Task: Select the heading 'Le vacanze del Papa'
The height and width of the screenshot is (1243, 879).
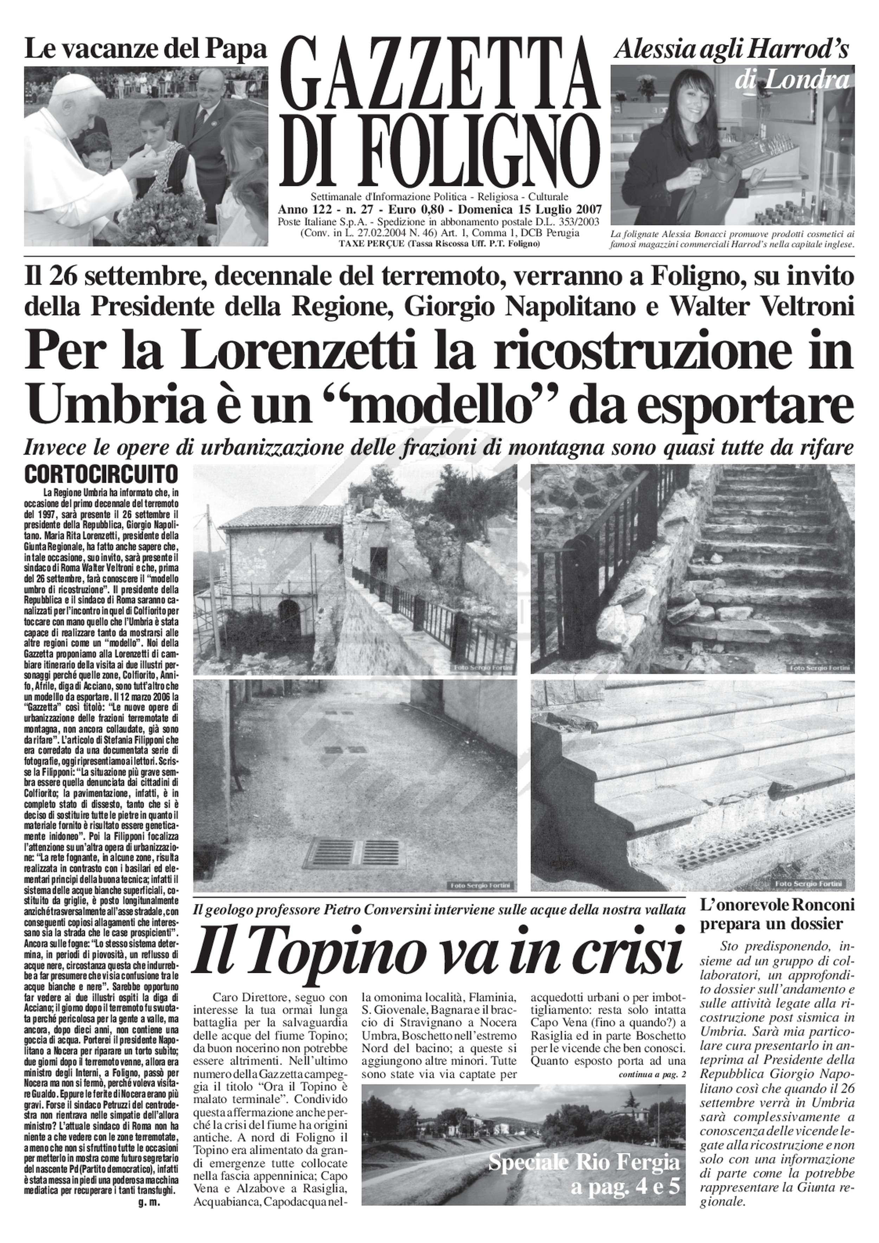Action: click(146, 50)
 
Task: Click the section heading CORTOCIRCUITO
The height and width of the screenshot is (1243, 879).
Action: click(101, 474)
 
